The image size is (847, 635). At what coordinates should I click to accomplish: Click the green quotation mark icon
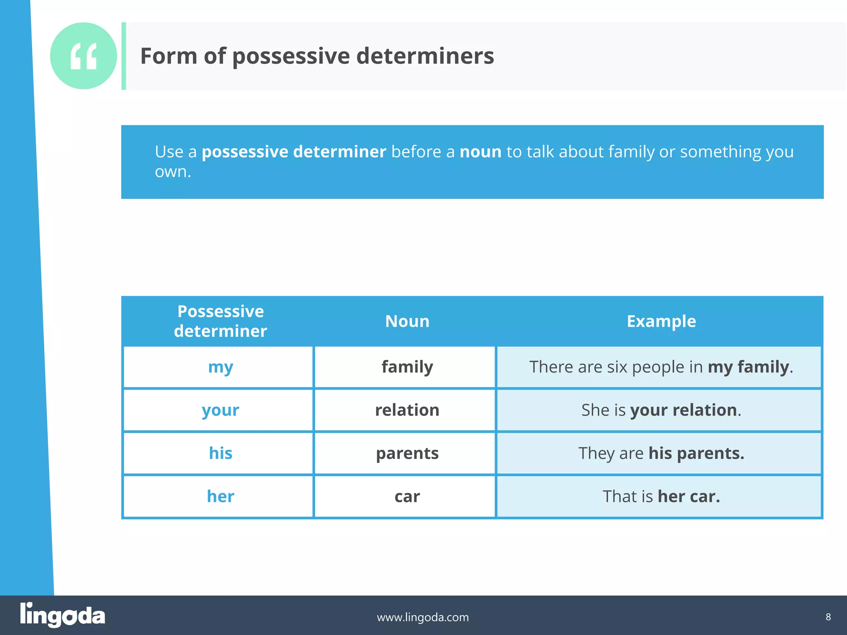click(84, 56)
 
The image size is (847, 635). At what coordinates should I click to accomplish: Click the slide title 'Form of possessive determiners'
click(317, 56)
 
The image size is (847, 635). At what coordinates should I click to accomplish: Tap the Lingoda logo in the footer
click(62, 615)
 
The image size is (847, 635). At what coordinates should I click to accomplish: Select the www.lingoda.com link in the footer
click(423, 617)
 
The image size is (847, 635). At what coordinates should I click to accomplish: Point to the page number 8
click(828, 617)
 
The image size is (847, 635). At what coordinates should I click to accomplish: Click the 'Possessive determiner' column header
click(220, 321)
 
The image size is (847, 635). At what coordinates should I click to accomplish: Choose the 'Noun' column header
click(407, 321)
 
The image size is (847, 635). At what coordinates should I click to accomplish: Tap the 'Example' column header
click(661, 321)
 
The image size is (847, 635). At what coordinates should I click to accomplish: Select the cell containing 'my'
click(220, 367)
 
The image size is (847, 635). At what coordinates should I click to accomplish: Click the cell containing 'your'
click(220, 410)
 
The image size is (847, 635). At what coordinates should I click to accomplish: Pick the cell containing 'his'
click(220, 453)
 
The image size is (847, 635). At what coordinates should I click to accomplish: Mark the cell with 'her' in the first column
click(220, 496)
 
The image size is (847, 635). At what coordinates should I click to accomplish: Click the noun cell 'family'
click(407, 367)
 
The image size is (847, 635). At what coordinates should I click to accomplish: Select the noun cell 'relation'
click(407, 410)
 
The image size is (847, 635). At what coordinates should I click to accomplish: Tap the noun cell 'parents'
click(407, 453)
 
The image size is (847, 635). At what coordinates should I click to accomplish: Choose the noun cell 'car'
click(407, 496)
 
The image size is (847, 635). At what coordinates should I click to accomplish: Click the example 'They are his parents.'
click(661, 453)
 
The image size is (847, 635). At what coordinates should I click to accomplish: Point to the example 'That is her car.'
click(661, 496)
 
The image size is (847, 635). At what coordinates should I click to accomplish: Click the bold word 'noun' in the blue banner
click(480, 152)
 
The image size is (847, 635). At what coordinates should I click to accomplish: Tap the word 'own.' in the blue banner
click(173, 172)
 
